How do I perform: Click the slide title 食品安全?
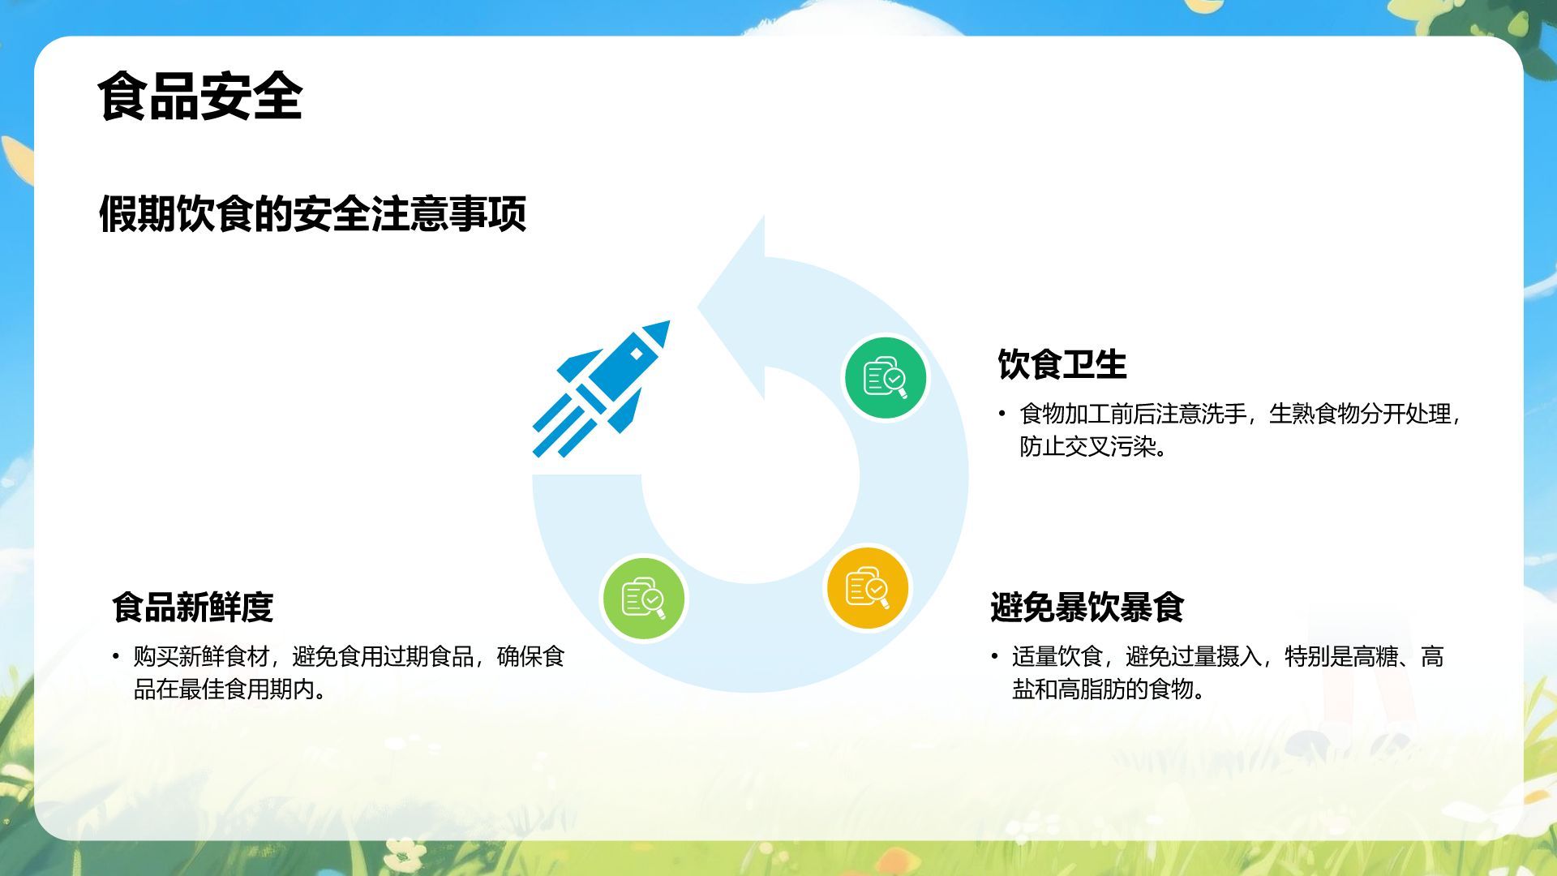pyautogui.click(x=199, y=97)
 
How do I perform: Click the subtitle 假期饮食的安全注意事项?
pyautogui.click(x=312, y=214)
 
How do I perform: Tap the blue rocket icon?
pyautogui.click(x=601, y=389)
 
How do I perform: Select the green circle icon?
pyautogui.click(x=885, y=379)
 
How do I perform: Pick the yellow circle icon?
pyautogui.click(x=867, y=588)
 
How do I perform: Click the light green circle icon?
pyautogui.click(x=644, y=599)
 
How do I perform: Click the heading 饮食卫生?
pyautogui.click(x=1062, y=364)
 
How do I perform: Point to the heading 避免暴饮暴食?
pyautogui.click(x=1087, y=607)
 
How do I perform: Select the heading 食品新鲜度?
pyautogui.click(x=193, y=607)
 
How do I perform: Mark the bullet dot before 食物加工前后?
pyautogui.click(x=1002, y=414)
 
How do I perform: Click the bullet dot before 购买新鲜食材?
pyautogui.click(x=116, y=656)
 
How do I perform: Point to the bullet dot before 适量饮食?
pyautogui.click(x=994, y=656)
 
